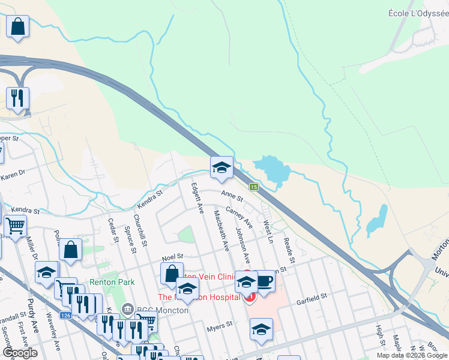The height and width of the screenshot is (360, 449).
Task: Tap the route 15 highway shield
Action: coord(255,187)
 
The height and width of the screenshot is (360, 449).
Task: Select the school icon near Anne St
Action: coord(221,168)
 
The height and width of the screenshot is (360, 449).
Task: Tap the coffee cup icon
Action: coord(265,281)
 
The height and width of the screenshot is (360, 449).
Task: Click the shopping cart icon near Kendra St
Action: coord(15,226)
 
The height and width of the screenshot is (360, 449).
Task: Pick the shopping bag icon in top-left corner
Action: coord(18,26)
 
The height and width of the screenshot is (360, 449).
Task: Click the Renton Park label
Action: coord(112,281)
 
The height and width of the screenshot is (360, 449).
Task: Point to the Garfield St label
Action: coord(311,297)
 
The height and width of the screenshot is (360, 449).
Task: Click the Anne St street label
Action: coord(231,196)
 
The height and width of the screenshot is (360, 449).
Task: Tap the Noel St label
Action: coord(172,256)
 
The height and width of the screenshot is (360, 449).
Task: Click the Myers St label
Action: coord(219,326)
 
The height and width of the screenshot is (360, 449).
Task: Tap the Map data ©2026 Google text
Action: coord(412,355)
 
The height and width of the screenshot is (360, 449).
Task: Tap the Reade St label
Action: coord(289,251)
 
